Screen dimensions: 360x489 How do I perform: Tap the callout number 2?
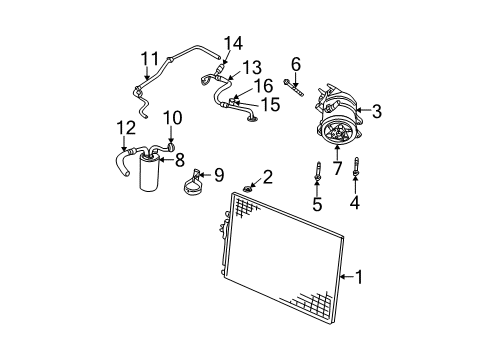pos(266,179)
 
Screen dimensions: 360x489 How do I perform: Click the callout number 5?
pos(317,206)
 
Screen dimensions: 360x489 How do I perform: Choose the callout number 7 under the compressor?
pos(337,168)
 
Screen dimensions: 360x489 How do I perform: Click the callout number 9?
pos(219,175)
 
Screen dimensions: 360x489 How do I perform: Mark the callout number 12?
pos(125,127)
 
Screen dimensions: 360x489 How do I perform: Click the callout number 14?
pos(233,43)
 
